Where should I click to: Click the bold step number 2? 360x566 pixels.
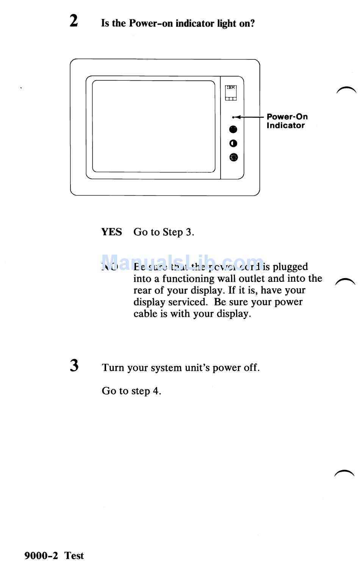[x=74, y=20]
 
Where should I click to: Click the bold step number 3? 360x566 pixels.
[x=74, y=366]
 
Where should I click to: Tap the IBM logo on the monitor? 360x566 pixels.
[x=231, y=88]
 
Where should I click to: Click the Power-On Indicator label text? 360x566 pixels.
[x=287, y=121]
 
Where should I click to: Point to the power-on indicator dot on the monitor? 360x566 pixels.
[x=233, y=117]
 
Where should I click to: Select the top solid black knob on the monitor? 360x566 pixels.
[x=233, y=130]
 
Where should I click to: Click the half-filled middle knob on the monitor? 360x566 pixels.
[x=233, y=144]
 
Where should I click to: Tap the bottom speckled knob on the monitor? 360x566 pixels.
[x=233, y=157]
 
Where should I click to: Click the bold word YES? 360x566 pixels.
[x=111, y=232]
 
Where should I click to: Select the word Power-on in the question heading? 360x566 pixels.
[x=151, y=23]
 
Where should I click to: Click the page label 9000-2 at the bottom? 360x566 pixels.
[x=41, y=555]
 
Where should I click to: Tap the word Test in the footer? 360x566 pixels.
[x=74, y=555]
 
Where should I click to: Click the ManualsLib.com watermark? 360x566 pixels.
[x=182, y=262]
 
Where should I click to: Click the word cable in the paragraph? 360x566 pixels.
[x=145, y=314]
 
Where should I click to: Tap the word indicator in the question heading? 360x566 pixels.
[x=195, y=23]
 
